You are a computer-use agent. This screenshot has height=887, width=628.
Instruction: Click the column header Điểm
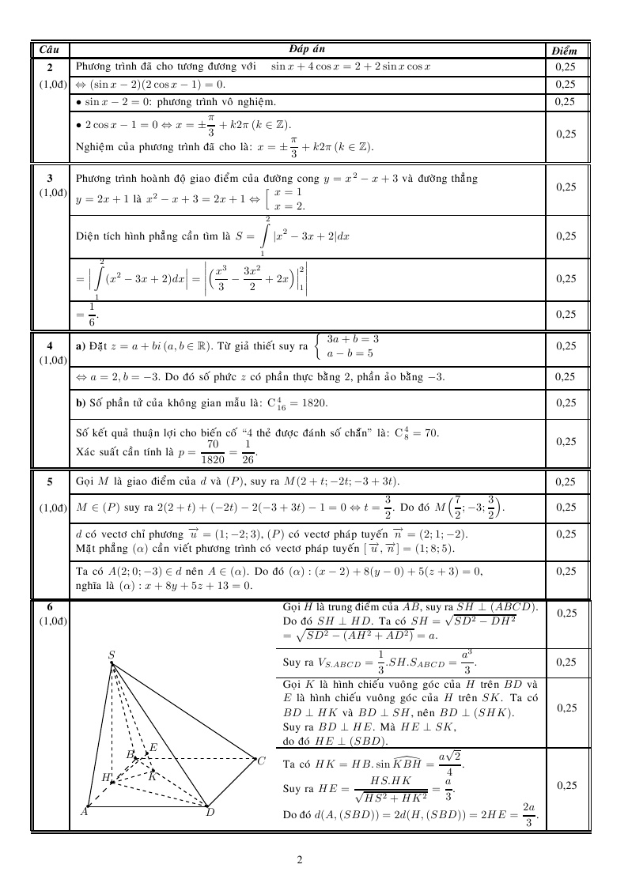click(x=565, y=50)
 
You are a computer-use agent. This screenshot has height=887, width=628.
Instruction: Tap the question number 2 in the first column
click(x=49, y=67)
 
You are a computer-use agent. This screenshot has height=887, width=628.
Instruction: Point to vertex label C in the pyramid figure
click(x=261, y=761)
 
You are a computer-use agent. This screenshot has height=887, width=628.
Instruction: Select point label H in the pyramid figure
click(x=104, y=777)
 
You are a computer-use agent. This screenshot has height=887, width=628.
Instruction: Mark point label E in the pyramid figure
click(x=153, y=747)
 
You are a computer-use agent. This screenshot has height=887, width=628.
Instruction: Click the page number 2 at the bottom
click(x=300, y=859)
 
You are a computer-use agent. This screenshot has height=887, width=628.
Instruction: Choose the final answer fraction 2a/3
click(x=528, y=814)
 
